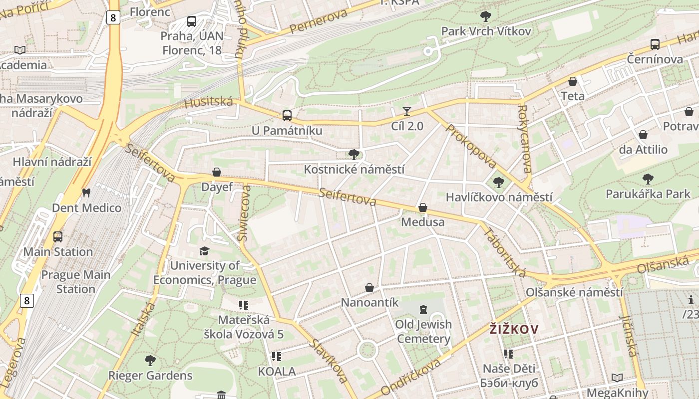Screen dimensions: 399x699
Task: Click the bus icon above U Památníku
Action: point(287,116)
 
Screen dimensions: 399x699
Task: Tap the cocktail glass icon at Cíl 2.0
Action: point(407,111)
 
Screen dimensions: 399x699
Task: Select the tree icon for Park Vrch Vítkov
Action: point(485,16)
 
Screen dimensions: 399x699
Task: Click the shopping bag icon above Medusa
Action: point(423,207)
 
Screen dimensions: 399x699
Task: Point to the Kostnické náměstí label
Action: point(354,170)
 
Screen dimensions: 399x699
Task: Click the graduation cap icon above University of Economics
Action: point(204,250)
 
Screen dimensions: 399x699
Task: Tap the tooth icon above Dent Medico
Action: point(86,193)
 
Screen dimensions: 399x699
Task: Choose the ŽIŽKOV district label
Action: point(514,329)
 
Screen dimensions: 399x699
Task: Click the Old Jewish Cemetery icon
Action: point(423,310)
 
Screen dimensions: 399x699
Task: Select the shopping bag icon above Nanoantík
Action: point(369,288)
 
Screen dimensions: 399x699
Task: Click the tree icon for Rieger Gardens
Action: point(150,360)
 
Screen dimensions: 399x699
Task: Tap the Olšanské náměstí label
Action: point(574,292)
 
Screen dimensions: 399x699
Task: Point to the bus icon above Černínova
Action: point(655,44)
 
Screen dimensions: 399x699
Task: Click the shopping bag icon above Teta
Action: point(573,81)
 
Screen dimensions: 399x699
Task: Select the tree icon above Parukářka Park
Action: point(648,179)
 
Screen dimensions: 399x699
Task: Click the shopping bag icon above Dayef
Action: point(217,172)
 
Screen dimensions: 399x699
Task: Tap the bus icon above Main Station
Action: point(58,236)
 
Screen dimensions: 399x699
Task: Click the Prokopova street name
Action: point(470,146)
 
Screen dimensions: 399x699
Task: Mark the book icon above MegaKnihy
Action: point(617,378)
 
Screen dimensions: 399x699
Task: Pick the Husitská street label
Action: point(209,103)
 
